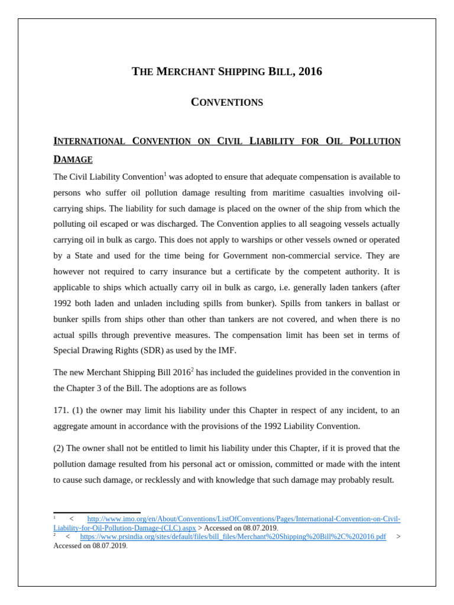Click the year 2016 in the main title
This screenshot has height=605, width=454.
click(x=310, y=71)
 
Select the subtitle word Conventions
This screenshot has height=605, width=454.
click(x=227, y=102)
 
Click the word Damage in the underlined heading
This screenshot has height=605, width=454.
click(x=73, y=160)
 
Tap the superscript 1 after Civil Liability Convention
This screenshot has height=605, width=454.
click(x=166, y=174)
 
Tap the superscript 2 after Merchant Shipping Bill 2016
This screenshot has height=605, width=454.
click(x=192, y=370)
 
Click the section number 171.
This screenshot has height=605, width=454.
click(x=61, y=410)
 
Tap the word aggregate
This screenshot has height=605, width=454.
click(x=72, y=426)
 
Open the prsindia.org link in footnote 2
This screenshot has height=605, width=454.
click(x=233, y=536)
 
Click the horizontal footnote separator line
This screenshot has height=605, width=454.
click(x=97, y=512)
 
